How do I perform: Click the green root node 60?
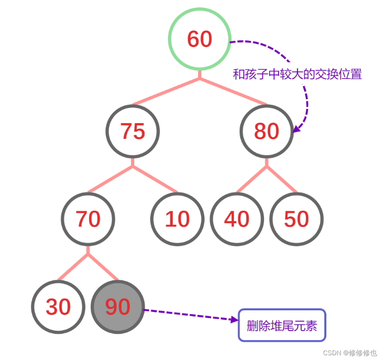click(x=199, y=39)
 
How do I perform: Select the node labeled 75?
click(x=133, y=131)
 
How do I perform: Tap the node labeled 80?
click(x=267, y=131)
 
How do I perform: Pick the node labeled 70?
click(x=88, y=219)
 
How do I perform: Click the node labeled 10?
click(x=177, y=219)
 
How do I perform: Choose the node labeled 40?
click(x=237, y=219)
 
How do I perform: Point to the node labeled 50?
click(x=296, y=219)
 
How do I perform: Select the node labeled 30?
click(x=58, y=307)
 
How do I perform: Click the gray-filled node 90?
click(x=118, y=307)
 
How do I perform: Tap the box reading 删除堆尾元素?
click(x=282, y=325)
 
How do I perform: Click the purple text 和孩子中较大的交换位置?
click(x=297, y=74)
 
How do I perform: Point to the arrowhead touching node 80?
click(x=296, y=129)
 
